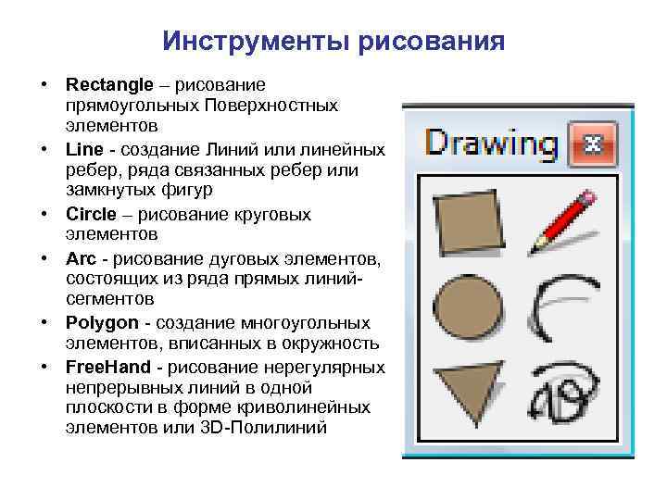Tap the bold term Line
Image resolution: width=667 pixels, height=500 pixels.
(81, 149)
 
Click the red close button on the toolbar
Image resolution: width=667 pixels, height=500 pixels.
(590, 144)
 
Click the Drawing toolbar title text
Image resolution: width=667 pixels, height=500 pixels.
(492, 144)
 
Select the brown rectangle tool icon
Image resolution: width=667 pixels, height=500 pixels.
(469, 221)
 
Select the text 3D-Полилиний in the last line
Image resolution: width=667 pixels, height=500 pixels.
(278, 430)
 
